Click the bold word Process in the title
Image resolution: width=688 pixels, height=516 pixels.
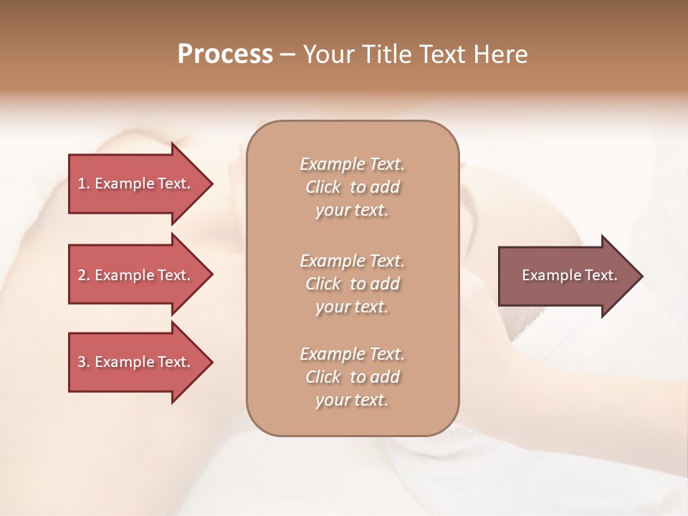[225, 54]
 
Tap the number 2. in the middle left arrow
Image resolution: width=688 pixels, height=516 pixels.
[84, 275]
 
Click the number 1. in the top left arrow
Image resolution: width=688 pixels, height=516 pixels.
[84, 183]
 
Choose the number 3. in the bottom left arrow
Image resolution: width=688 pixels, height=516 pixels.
[84, 362]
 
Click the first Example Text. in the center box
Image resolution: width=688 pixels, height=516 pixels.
[352, 164]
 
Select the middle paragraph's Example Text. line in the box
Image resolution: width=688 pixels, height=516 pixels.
[352, 260]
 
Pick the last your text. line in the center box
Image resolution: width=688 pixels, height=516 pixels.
[352, 401]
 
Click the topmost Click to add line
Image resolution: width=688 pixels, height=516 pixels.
[352, 187]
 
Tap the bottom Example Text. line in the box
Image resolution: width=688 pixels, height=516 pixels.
[352, 354]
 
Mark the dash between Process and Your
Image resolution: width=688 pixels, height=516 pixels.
[287, 54]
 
